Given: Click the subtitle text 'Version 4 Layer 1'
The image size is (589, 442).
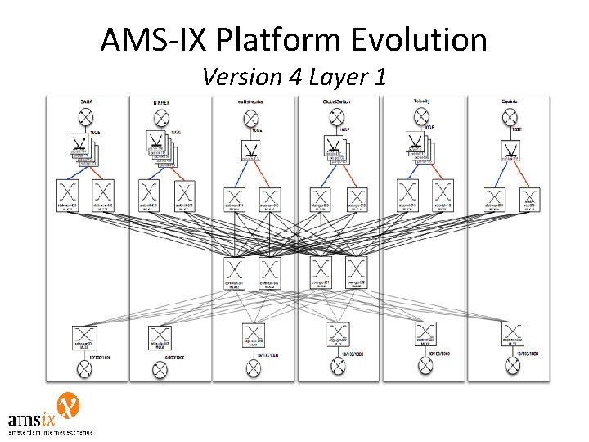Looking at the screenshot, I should pyautogui.click(x=294, y=77).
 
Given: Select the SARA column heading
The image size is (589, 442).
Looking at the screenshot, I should pyautogui.click(x=85, y=101).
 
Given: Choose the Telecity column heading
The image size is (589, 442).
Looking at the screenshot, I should pyautogui.click(x=422, y=101).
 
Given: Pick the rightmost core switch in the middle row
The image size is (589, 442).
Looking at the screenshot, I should pyautogui.click(x=355, y=270).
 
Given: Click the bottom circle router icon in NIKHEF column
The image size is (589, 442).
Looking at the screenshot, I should pyautogui.click(x=159, y=371).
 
